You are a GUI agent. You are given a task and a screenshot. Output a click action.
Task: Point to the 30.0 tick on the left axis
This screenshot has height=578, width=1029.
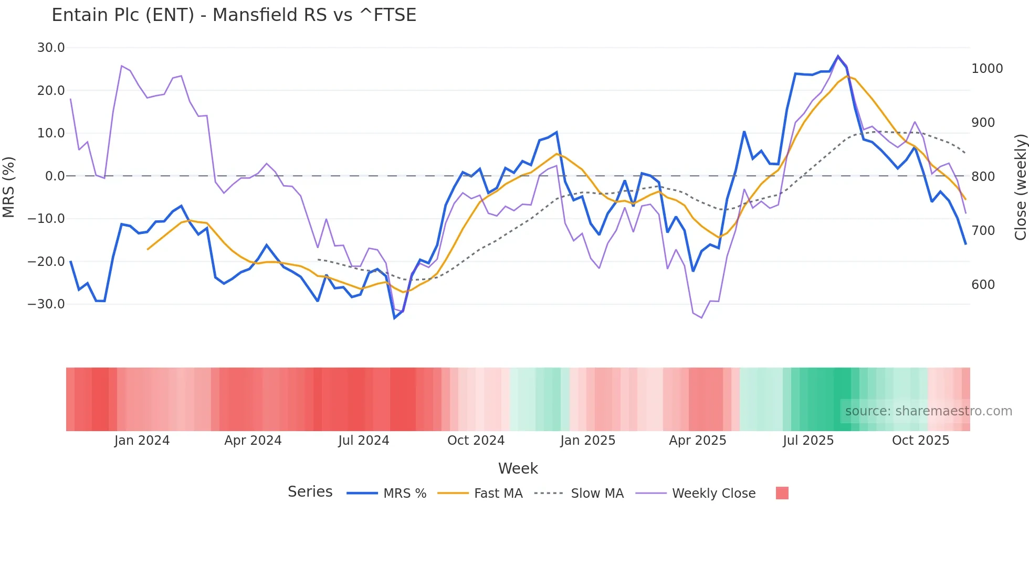pos(51,48)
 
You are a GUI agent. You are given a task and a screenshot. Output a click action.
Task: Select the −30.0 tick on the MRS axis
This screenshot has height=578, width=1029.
pos(47,304)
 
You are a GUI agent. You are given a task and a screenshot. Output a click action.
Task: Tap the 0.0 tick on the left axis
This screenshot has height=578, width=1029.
pos(55,176)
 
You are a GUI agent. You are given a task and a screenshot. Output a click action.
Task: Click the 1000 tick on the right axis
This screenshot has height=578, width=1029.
pos(987,69)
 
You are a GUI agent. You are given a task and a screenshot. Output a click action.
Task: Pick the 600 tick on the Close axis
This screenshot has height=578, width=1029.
pos(983,285)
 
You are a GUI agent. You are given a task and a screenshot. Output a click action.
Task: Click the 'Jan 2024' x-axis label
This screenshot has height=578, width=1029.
pos(142,441)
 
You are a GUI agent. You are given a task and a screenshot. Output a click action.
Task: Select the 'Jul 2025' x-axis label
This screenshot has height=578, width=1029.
pos(808,441)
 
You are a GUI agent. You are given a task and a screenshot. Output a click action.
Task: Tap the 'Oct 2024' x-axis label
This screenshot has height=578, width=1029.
pos(476,441)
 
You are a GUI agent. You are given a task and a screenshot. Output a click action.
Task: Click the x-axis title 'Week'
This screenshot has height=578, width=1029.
pos(518,468)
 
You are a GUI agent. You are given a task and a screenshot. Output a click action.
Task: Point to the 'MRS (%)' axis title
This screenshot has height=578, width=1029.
pos(9,187)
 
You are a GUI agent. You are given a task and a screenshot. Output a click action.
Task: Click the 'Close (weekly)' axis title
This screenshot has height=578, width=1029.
pos(1020,187)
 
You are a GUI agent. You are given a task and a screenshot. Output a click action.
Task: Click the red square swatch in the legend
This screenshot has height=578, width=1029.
pos(782,493)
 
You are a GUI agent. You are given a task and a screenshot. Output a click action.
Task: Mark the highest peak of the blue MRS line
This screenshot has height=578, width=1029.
pos(838,56)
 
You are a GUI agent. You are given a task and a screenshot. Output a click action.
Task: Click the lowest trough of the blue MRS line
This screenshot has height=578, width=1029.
pos(395,318)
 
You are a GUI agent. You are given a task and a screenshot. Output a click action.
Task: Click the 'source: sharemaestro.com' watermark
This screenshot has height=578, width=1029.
pos(928,411)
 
